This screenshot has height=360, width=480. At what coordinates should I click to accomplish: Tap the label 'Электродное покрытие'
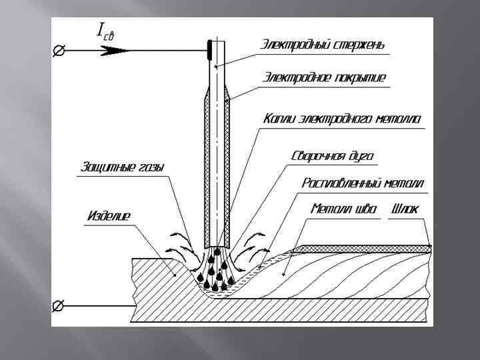pyautogui.click(x=323, y=78)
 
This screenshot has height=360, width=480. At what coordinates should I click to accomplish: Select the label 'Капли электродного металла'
pyautogui.click(x=342, y=119)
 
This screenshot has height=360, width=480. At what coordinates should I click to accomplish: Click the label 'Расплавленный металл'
pyautogui.click(x=363, y=183)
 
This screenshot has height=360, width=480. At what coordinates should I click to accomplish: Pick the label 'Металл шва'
pyautogui.click(x=344, y=209)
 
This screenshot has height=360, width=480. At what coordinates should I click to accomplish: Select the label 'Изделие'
pyautogui.click(x=109, y=215)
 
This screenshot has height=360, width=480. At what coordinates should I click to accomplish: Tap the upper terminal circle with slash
pyautogui.click(x=59, y=50)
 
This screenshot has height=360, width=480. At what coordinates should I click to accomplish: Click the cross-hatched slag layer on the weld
pyautogui.click(x=363, y=249)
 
